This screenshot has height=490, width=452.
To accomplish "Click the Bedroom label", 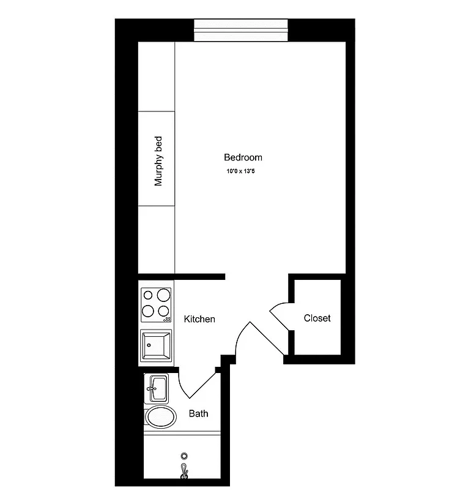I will coord(243,157).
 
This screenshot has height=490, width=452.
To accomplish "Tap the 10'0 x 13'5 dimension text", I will coord(240,171).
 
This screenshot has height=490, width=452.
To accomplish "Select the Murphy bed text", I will coord(158,161).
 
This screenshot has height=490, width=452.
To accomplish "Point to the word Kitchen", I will coord(199,319).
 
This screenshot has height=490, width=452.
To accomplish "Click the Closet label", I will coord(317,318).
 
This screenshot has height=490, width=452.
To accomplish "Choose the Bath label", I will coord(198,413).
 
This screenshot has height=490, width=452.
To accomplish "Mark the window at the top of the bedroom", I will coord(240,30).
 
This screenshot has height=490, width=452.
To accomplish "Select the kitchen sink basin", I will coord(157,345).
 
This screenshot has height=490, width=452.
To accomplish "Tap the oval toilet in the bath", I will coord(160,416).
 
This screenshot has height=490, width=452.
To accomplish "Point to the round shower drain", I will coord(183,456).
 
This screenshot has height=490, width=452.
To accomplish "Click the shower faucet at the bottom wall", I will coord(183,471).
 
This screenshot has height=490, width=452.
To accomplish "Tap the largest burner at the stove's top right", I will coord(163,295).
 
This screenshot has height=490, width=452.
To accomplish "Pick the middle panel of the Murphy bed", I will coord(157,159).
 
